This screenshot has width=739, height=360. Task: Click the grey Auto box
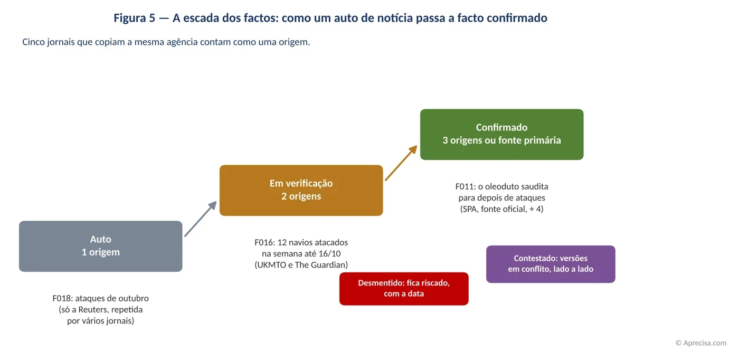[101, 246]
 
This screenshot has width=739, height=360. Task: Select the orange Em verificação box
[301, 191]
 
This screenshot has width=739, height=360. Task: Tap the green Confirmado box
[502, 135]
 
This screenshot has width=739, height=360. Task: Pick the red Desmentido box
[404, 289]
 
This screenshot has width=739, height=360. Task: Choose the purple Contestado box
[551, 264]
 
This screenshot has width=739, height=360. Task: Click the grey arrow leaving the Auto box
[201, 219]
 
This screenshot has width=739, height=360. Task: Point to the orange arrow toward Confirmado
[401, 163]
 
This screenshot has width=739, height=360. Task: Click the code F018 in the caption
[63, 298]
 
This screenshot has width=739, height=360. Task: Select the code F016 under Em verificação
[264, 242]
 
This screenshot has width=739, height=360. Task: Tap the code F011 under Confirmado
[465, 186]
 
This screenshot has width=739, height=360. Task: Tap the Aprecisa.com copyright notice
[701, 343]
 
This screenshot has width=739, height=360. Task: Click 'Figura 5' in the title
[134, 18]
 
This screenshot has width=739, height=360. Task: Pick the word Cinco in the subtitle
[33, 42]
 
